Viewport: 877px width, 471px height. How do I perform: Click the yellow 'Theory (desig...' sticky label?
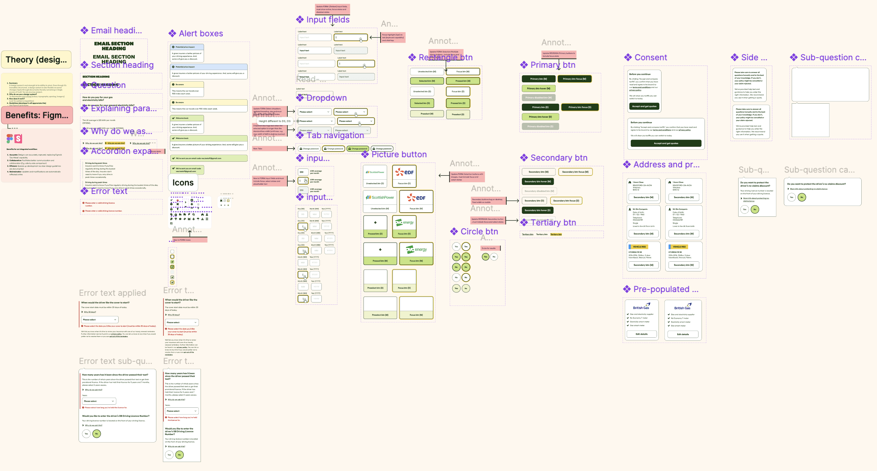click(x=36, y=60)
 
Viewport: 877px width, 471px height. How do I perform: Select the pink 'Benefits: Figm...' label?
click(x=37, y=115)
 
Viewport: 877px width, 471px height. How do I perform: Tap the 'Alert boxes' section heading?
click(x=201, y=34)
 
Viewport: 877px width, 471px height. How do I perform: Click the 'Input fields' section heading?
click(x=327, y=20)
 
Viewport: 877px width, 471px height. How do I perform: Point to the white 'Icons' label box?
click(x=183, y=183)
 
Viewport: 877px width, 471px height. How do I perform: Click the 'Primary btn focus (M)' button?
click(x=574, y=79)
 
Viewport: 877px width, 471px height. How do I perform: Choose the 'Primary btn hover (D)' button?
click(x=540, y=117)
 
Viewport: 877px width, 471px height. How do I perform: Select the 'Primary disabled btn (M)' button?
click(x=538, y=98)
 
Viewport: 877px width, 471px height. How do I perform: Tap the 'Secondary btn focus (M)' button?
click(x=575, y=172)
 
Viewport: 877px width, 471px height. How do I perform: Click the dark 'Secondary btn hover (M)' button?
click(x=538, y=182)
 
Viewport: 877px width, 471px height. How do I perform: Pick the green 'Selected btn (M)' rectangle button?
click(x=427, y=81)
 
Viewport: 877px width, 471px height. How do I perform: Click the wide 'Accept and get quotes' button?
click(x=666, y=143)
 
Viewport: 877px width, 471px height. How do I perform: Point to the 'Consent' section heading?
click(x=650, y=58)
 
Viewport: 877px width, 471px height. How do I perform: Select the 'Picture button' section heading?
click(x=399, y=155)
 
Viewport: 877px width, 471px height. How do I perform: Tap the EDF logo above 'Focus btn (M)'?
click(x=416, y=197)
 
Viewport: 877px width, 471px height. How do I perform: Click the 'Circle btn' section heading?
click(x=479, y=232)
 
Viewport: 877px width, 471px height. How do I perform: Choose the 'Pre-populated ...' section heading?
click(x=666, y=289)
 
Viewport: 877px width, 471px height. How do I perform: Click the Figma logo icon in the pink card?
click(x=10, y=139)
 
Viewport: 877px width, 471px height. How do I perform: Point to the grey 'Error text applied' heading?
click(x=112, y=293)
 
